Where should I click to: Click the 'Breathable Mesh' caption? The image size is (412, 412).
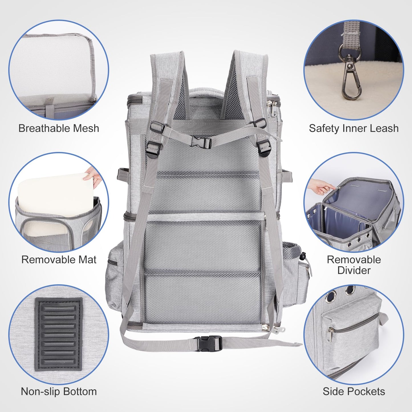(x=58, y=129)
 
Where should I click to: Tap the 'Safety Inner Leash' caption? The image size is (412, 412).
(x=354, y=129)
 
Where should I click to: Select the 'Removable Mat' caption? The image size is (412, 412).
(x=59, y=260)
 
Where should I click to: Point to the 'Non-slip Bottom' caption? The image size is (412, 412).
(x=59, y=391)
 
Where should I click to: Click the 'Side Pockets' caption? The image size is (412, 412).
(x=354, y=391)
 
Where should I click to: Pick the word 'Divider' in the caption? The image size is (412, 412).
(x=354, y=270)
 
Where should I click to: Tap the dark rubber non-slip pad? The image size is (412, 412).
(x=58, y=334)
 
